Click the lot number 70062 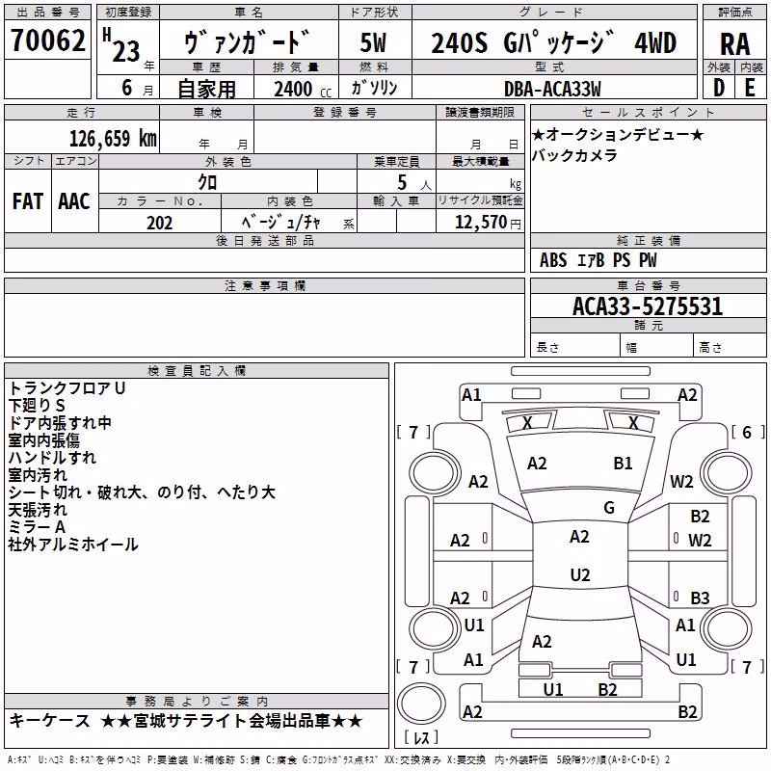coord(47,40)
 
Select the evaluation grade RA coord(734,44)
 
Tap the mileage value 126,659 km coord(113,139)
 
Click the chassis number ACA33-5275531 coord(648,306)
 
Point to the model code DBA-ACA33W coord(552,89)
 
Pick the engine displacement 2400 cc coord(302,89)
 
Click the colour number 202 coord(159,223)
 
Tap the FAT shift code coord(28,201)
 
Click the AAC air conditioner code coord(74,201)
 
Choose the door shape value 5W coord(373,42)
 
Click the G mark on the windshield coord(609,507)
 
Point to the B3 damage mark coord(700,598)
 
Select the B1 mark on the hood coord(623,464)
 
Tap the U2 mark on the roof coord(580,574)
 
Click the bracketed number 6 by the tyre coord(747,432)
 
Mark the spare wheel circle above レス coord(421,704)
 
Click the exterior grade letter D coord(719,88)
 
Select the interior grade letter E coord(750,88)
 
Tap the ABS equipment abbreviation coord(553,260)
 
